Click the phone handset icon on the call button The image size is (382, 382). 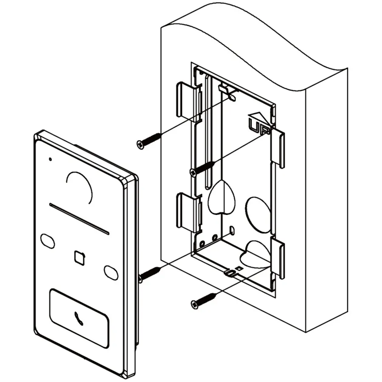click(79, 318)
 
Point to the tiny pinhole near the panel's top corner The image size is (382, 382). click(50, 159)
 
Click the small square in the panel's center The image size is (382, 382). click(80, 258)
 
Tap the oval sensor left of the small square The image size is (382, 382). click(48, 241)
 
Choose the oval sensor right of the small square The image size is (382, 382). click(111, 273)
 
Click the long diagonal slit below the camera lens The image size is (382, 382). click(79, 219)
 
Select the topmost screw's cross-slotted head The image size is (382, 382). click(140, 145)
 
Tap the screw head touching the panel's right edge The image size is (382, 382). click(140, 279)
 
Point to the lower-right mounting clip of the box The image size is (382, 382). click(278, 258)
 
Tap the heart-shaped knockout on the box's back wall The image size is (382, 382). click(221, 197)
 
